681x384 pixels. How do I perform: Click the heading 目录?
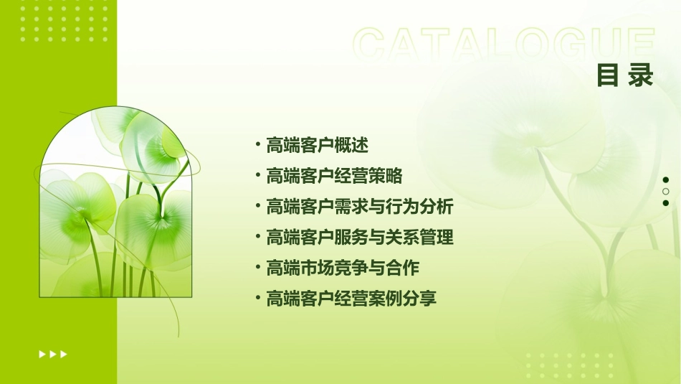coord(625,75)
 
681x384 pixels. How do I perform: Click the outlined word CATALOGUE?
coord(504,45)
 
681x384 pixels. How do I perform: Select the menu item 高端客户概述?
coord(317,145)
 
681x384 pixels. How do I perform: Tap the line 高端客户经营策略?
coord(334,176)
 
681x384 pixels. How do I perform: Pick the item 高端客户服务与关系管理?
coord(360,237)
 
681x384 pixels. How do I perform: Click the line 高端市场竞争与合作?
coord(343,268)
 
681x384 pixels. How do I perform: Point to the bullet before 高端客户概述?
coord(257,145)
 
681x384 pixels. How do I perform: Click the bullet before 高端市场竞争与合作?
coord(257,268)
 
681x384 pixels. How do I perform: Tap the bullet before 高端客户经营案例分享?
coord(257,299)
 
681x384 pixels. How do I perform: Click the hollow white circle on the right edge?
coord(666,192)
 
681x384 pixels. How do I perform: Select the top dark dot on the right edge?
coord(666,180)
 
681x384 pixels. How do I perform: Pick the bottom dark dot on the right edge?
coord(666,203)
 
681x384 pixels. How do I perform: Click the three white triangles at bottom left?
coord(53,354)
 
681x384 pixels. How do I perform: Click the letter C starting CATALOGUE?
coord(372,45)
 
